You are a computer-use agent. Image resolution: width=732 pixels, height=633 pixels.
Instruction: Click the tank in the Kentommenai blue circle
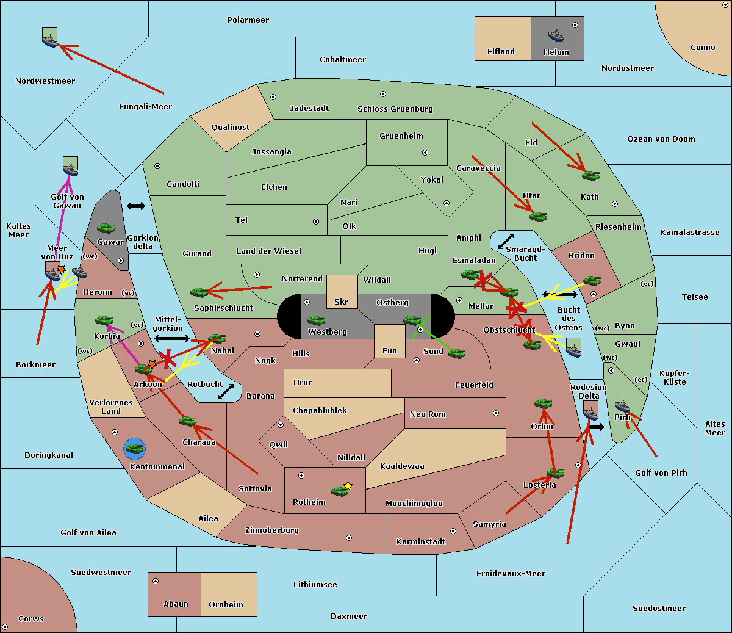point(135,449)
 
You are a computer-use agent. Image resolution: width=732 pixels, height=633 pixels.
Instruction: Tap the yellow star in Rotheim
point(348,486)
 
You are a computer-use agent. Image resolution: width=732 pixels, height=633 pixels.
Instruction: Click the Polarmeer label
point(248,20)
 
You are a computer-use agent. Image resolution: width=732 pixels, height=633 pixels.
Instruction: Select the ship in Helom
point(556,35)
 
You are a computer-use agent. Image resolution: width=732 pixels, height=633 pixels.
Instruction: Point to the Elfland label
point(501,52)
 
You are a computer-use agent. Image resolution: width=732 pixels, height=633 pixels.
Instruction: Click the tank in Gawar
point(106,228)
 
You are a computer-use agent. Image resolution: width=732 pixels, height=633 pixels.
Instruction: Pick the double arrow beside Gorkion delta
point(135,206)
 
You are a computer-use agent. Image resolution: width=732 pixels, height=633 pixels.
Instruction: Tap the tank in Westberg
point(316,320)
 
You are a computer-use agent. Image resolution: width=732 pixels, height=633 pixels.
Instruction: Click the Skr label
point(342,302)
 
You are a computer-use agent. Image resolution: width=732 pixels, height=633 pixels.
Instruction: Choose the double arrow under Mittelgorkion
point(172,338)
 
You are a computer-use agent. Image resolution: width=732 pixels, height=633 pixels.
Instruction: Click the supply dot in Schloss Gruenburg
point(383,94)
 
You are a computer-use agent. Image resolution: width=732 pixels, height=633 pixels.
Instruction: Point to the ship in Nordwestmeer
point(49,40)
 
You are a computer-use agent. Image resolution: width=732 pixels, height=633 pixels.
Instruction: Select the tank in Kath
point(590,176)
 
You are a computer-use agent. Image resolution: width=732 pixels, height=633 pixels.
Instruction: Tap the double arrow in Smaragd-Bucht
point(506,241)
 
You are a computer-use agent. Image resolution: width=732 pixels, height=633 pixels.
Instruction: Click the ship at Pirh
point(622,406)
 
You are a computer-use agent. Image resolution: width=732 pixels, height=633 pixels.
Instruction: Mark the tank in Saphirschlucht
point(199,292)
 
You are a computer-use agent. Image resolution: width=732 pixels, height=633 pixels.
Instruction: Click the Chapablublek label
point(320,411)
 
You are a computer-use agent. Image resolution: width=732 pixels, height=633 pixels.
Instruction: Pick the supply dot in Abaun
point(156,581)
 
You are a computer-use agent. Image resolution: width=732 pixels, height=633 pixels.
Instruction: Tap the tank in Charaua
point(187,421)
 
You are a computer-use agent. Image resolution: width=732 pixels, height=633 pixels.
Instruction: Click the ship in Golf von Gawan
point(71,168)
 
